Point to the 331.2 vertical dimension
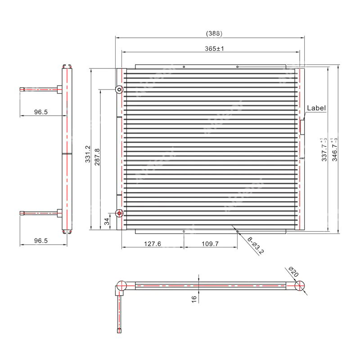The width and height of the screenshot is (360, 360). (88, 153)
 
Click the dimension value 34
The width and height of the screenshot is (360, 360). (106, 221)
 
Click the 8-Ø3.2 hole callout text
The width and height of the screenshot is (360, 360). (256, 245)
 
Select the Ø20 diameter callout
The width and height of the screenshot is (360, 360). (293, 272)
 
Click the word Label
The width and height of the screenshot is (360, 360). (316, 108)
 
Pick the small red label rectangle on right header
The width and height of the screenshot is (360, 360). (301, 126)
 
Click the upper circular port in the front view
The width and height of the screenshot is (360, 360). (119, 90)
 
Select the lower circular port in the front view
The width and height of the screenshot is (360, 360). (119, 213)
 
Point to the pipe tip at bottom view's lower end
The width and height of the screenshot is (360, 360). (119, 331)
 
